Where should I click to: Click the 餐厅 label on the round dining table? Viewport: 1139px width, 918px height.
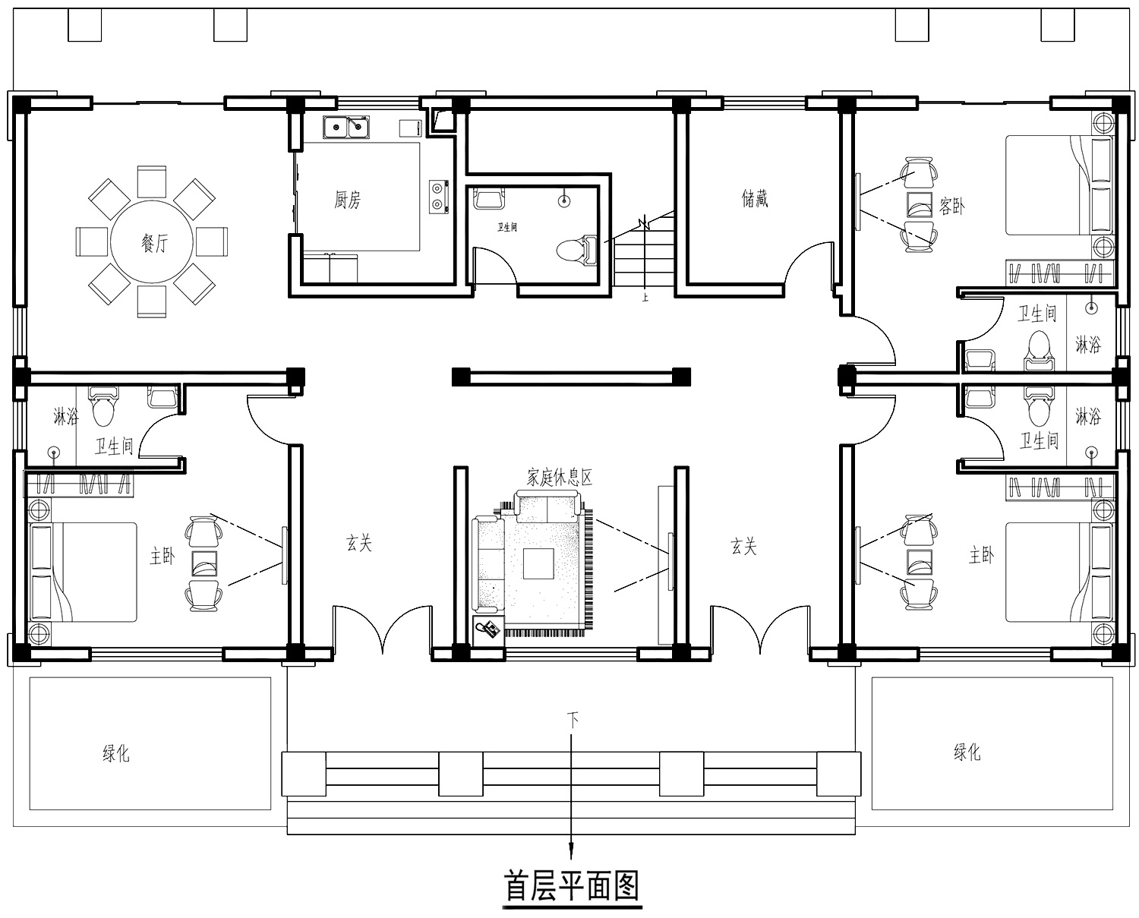tap(155, 243)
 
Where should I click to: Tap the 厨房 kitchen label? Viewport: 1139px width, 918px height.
tap(347, 200)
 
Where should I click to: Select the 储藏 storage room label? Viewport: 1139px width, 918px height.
tap(755, 198)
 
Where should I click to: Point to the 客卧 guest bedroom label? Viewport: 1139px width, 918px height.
tap(951, 206)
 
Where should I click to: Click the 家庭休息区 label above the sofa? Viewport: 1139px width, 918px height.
tap(560, 477)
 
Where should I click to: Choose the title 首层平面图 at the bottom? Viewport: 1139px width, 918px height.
tap(572, 885)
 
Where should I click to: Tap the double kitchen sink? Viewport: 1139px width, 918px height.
tap(346, 128)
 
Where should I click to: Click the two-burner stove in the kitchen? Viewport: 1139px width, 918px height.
tap(439, 197)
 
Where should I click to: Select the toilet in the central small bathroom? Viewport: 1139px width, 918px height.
tap(577, 249)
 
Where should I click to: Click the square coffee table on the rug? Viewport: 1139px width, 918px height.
tap(538, 563)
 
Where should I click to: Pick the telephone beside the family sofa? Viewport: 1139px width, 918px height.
tap(488, 629)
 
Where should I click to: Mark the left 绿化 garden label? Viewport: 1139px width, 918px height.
tap(116, 752)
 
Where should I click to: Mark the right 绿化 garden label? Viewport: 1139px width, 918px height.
tap(967, 752)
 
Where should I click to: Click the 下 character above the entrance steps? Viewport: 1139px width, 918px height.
tap(573, 720)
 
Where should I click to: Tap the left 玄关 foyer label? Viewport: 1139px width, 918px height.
tap(359, 543)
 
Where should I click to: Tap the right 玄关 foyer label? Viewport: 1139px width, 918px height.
tap(743, 546)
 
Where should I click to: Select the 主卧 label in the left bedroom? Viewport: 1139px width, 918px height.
tap(162, 557)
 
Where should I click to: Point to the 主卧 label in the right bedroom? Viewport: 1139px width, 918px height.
tap(982, 555)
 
